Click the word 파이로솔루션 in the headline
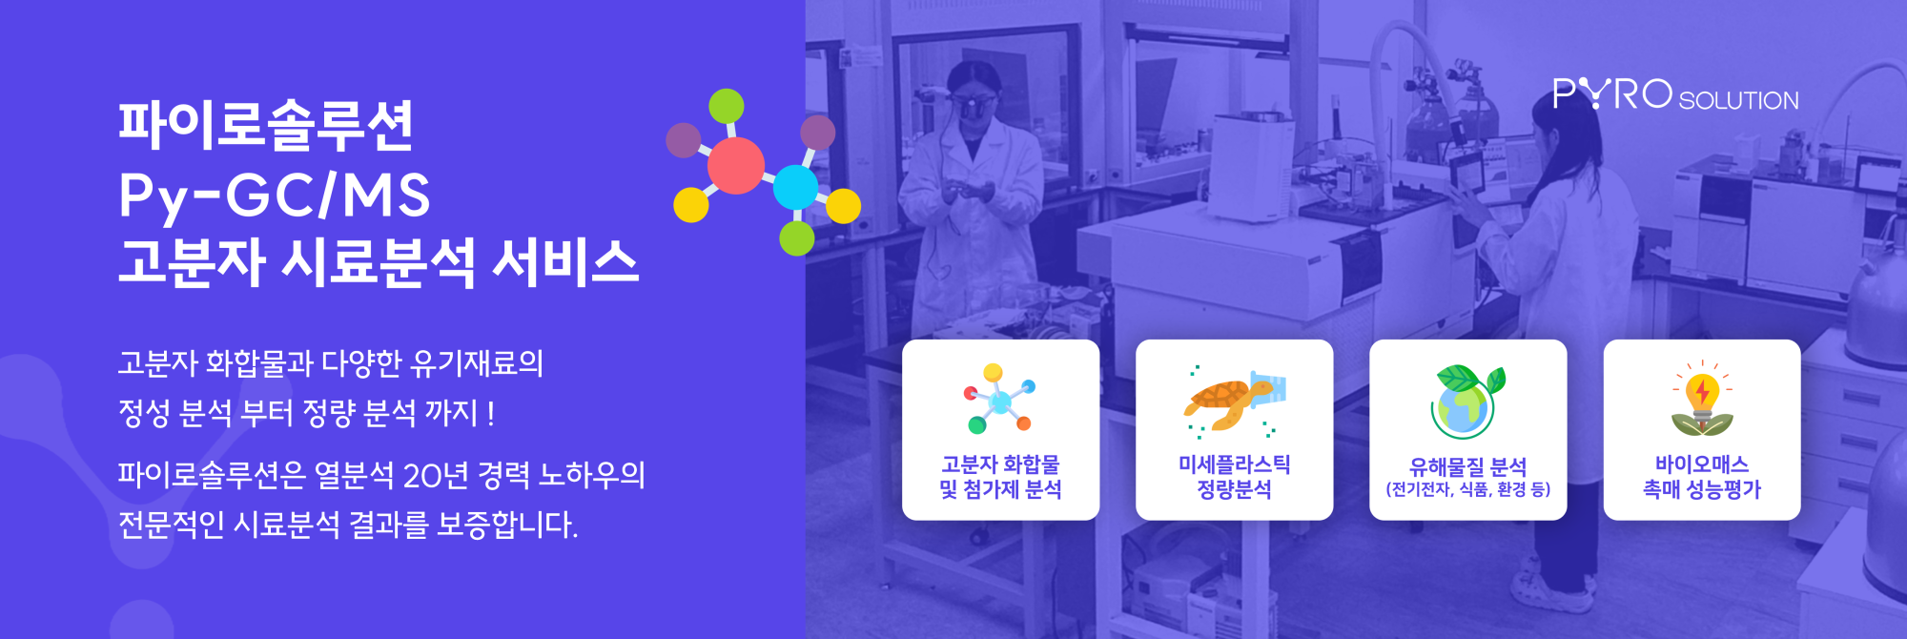pyautogui.click(x=266, y=125)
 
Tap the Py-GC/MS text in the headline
pyautogui.click(x=275, y=196)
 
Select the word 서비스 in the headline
pyautogui.click(x=564, y=261)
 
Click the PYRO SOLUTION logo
pyautogui.click(x=1675, y=94)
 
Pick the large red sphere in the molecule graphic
pyautogui.click(x=735, y=165)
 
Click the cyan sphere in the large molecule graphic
pyautogui.click(x=795, y=187)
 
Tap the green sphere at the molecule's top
pyautogui.click(x=727, y=106)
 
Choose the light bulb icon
pyautogui.click(x=1702, y=399)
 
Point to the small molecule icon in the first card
pyautogui.click(x=999, y=399)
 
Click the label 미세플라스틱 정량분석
pyautogui.click(x=1234, y=477)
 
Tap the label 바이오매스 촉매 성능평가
pyautogui.click(x=1702, y=477)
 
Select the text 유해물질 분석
pyautogui.click(x=1467, y=466)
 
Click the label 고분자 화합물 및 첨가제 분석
pyautogui.click(x=1000, y=477)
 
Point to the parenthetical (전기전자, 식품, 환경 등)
pyautogui.click(x=1467, y=489)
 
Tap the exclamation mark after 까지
pyautogui.click(x=490, y=413)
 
